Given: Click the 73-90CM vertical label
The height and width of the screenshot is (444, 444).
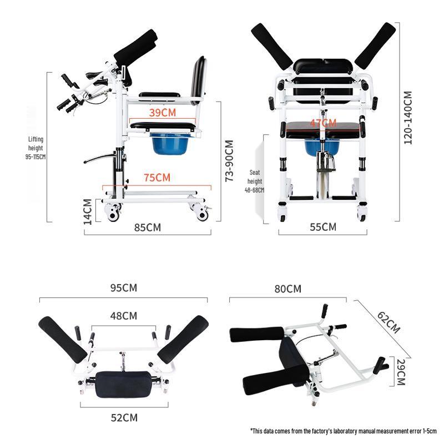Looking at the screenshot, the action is tap(228, 160).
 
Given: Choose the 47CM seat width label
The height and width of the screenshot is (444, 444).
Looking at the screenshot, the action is tap(323, 123).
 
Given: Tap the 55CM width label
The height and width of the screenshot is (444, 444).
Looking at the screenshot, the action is tap(323, 226).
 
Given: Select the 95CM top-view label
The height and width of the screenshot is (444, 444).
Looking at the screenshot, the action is tap(123, 287).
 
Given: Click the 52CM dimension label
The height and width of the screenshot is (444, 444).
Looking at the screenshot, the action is tap(123, 417).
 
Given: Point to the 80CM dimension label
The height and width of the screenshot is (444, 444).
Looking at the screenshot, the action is tap(288, 289).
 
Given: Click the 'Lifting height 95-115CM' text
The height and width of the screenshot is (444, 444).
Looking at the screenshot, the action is tap(36, 148).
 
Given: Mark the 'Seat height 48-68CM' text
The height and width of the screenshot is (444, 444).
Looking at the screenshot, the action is tap(255, 181).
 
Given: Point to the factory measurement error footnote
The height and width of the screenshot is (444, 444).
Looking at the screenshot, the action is tap(344, 430).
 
